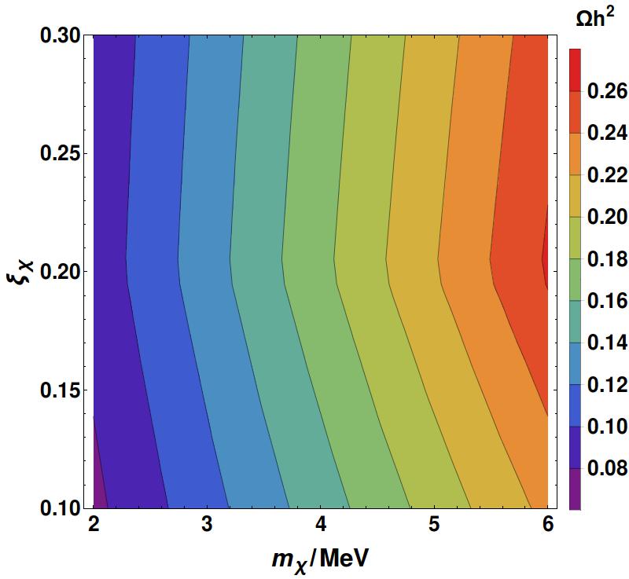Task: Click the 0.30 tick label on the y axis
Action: (61, 35)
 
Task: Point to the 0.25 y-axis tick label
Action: (61, 154)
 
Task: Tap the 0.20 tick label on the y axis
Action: (61, 272)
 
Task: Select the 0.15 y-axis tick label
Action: (61, 390)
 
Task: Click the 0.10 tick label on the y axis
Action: (61, 508)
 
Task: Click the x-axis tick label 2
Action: (94, 524)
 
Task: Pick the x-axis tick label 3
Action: (207, 524)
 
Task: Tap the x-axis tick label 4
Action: (321, 524)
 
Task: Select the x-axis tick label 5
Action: (434, 524)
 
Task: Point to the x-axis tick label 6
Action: (548, 524)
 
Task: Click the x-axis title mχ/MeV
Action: (320, 560)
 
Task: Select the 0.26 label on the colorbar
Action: (607, 91)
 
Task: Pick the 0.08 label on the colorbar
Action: (607, 468)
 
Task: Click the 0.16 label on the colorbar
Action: (607, 301)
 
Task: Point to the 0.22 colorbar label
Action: (607, 175)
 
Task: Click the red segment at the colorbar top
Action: (575, 70)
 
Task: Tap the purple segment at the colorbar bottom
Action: (575, 489)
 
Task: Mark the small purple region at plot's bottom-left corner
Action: (98, 485)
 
